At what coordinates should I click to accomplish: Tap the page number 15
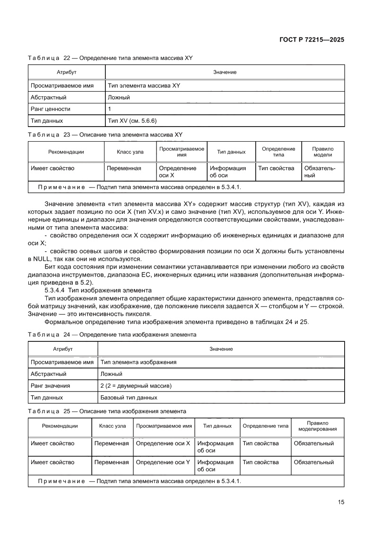[340, 502]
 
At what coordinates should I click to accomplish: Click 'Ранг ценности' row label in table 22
[51, 109]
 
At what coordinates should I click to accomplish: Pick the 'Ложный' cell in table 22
[119, 98]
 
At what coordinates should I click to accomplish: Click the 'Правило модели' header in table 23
[322, 152]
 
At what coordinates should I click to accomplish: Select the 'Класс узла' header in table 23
[130, 152]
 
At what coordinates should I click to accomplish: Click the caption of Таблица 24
[112, 334]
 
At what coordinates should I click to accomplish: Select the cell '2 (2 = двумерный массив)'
[136, 386]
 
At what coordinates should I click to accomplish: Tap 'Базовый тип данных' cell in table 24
[129, 398]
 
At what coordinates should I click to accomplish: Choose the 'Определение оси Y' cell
[163, 462]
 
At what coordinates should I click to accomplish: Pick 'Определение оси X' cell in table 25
[163, 443]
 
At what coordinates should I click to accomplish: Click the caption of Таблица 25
[107, 411]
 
